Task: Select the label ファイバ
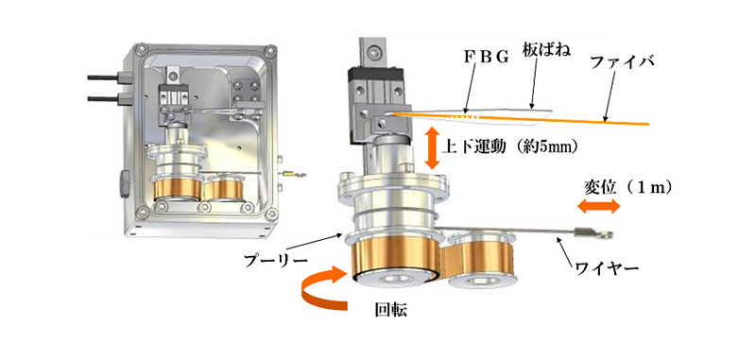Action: coord(620,62)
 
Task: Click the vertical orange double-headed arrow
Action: coord(433,147)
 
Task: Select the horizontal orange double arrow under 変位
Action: coord(599,207)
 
